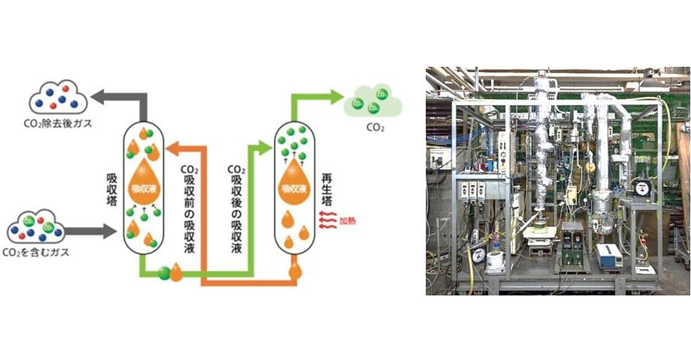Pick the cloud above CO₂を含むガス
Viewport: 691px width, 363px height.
(36, 230)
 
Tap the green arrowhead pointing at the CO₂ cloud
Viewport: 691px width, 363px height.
(336, 97)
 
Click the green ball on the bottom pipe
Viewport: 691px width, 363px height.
(164, 273)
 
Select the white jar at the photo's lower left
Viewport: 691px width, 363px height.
(495, 262)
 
